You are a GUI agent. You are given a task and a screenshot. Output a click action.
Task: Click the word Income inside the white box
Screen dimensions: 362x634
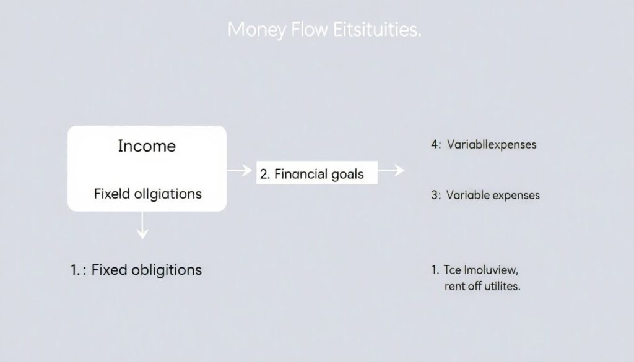pos(147,146)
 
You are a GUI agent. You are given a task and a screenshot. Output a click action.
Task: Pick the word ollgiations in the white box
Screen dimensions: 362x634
pos(170,194)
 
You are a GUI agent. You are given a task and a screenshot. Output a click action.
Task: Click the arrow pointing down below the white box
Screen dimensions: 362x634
pos(143,226)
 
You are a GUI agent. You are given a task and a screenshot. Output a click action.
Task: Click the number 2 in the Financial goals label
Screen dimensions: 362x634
pos(264,174)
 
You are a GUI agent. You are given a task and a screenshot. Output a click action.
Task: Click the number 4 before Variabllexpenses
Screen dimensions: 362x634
pos(434,145)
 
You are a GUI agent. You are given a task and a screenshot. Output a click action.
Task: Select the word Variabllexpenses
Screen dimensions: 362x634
pos(492,145)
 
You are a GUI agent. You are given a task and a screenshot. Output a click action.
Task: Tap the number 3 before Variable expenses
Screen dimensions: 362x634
pos(434,196)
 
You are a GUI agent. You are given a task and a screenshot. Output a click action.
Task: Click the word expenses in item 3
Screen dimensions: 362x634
pos(515,196)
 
